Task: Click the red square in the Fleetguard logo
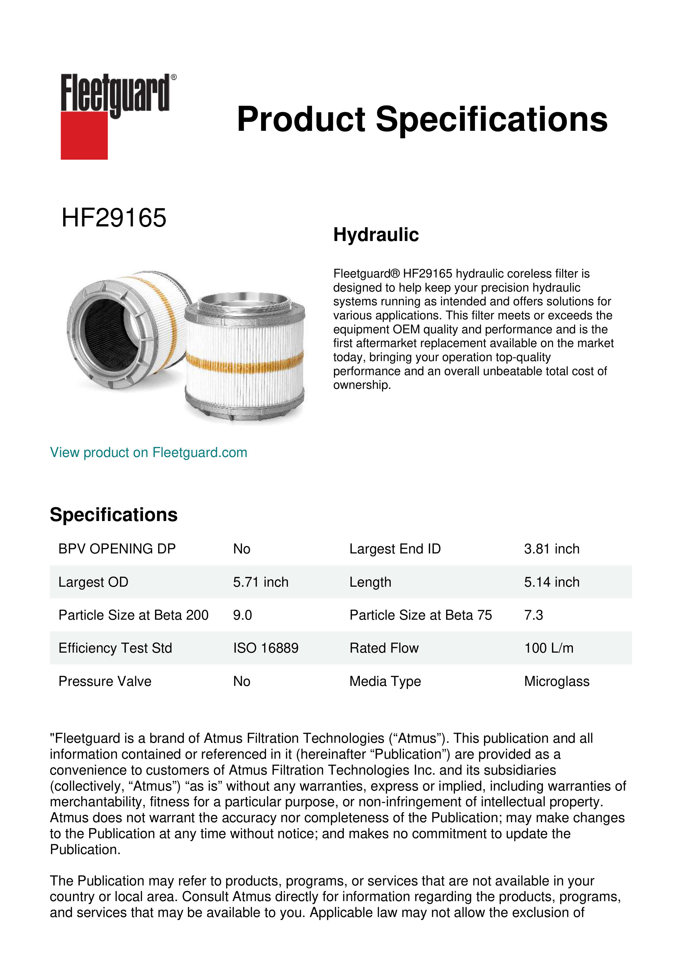pos(84,135)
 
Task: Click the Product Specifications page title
pos(422,119)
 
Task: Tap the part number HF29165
pos(114,218)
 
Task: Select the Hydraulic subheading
pos(376,235)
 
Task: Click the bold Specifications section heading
pos(113,515)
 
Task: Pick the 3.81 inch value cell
pos(551,549)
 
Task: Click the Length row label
pos(370,582)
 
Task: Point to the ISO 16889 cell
pos(266,648)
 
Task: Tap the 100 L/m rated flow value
pos(548,648)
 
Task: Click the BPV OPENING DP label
pos(117,549)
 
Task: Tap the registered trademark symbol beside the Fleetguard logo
pos(174,77)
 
